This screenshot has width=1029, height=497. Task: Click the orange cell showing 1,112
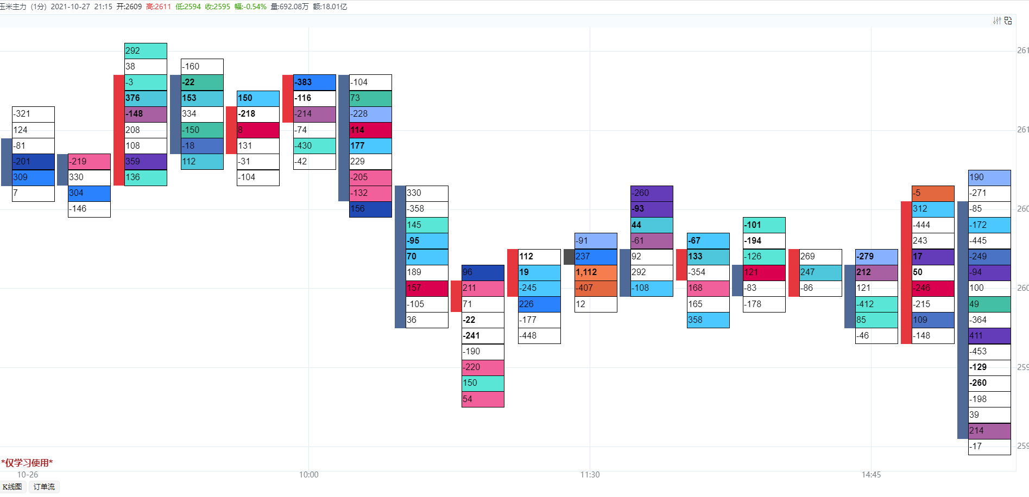[596, 272]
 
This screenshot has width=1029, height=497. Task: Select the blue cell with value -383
[314, 82]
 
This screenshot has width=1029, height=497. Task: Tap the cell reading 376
[146, 98]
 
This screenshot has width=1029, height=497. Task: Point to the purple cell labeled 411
[989, 336]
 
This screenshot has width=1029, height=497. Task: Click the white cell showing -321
[33, 114]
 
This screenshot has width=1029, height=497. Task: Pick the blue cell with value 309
[33, 177]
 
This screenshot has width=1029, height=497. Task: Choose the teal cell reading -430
[314, 146]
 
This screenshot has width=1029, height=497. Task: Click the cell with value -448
[539, 336]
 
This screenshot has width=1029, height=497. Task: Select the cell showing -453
[989, 352]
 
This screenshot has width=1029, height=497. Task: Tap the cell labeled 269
[820, 257]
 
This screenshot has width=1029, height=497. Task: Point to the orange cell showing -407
[596, 288]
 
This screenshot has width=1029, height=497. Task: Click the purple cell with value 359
[146, 162]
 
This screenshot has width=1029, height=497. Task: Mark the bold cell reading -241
[483, 336]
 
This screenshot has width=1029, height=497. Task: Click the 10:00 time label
[309, 475]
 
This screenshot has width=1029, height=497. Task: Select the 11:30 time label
[590, 475]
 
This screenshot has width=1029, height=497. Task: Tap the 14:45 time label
[871, 475]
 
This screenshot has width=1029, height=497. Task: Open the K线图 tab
[12, 487]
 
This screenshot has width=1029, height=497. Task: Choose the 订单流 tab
[44, 487]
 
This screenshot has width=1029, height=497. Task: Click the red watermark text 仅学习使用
[27, 463]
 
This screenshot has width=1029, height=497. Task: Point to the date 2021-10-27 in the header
[70, 7]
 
